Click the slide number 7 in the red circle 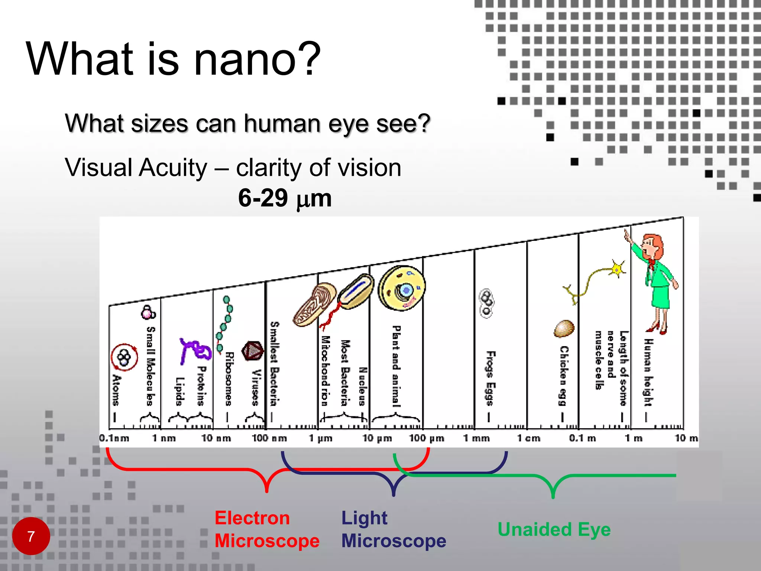(31, 536)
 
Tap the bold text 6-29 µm (285, 198)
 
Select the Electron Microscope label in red (267, 529)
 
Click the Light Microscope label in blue (393, 529)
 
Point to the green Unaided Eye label (554, 529)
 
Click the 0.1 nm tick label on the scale (114, 438)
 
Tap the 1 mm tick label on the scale (476, 438)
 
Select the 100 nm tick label (269, 438)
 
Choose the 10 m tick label (686, 438)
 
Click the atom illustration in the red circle (124, 357)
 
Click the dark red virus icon (253, 351)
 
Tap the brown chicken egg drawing (564, 329)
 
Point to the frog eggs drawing (486, 303)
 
